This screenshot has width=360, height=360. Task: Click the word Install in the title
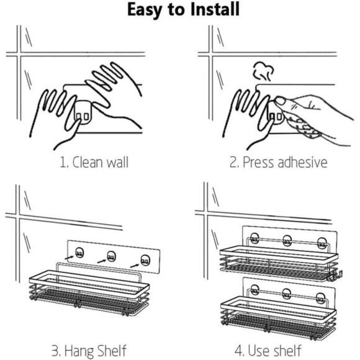point(215,9)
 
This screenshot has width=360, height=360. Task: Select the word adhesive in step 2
point(302,162)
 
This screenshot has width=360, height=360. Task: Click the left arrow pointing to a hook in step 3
point(70,258)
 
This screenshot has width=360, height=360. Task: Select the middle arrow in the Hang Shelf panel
point(102,261)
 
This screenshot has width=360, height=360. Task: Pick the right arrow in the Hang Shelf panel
point(135,266)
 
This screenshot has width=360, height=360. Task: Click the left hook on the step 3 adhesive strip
point(79,253)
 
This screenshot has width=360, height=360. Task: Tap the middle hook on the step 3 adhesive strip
point(112,257)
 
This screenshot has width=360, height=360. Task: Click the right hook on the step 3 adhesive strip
point(145,261)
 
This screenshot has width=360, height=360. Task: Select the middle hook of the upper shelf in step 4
point(287,241)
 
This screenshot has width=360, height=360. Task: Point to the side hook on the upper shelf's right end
point(335,276)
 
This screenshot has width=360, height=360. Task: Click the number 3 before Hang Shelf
point(55,351)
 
